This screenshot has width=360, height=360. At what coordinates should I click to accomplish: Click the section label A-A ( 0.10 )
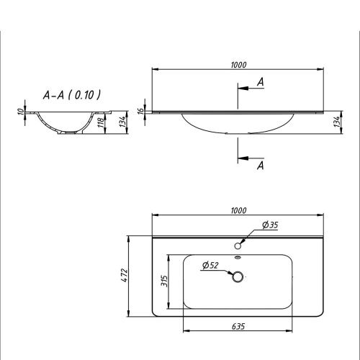point(71,94)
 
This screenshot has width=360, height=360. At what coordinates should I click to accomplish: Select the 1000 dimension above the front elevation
point(239,65)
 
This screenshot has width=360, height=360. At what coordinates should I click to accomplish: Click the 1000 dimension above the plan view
point(239,210)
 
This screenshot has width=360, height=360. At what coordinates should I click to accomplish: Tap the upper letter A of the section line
point(260,83)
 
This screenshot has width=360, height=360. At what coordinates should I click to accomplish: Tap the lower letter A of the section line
point(260,166)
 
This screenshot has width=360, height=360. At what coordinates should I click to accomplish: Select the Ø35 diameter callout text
point(270,225)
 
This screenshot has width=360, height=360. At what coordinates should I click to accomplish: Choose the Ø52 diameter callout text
point(210,266)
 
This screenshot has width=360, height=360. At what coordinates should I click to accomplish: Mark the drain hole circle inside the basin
point(238,276)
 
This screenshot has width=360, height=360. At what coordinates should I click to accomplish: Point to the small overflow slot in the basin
point(238,258)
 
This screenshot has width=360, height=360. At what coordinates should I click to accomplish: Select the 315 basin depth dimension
point(164,279)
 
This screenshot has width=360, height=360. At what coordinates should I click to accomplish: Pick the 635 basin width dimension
point(239,326)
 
